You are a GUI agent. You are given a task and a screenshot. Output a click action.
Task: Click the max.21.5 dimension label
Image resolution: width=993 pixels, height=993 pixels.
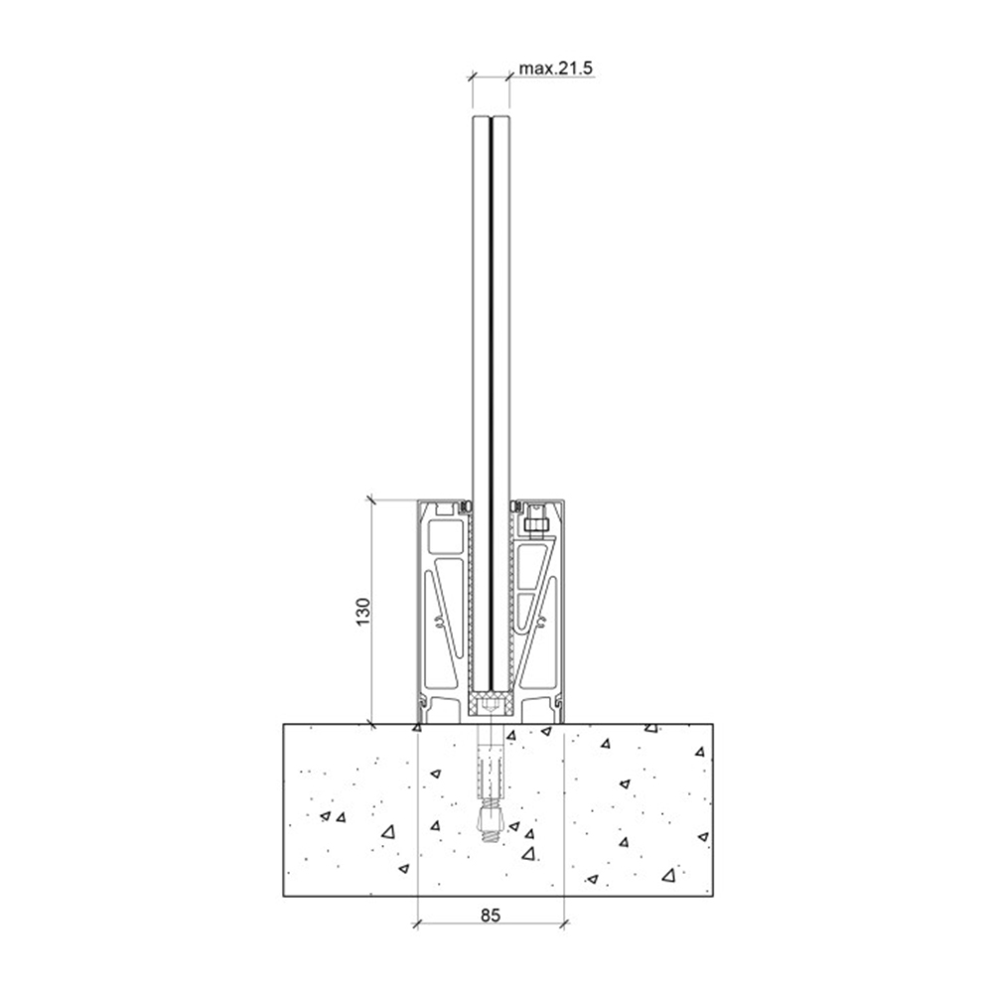tap(555, 68)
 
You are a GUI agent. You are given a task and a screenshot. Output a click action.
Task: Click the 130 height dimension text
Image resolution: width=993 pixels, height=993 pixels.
tap(362, 612)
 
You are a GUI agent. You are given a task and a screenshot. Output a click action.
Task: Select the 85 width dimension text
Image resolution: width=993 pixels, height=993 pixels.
tap(491, 915)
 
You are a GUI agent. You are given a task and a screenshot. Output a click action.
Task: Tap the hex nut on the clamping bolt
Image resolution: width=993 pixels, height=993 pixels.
tap(536, 524)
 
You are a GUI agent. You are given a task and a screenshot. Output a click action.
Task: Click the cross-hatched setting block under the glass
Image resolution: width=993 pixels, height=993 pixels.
tap(491, 704)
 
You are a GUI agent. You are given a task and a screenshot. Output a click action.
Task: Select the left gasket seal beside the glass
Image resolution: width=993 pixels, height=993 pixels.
tap(466, 506)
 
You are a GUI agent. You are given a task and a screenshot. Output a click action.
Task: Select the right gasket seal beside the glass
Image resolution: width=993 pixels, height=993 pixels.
tap(515, 506)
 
